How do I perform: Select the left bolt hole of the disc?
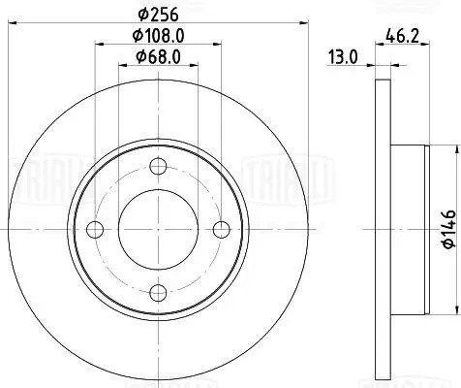(95, 229)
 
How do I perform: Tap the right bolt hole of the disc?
(221, 229)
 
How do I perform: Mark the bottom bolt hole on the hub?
(158, 292)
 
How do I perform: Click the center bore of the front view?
(158, 229)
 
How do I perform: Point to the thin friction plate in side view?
(379, 229)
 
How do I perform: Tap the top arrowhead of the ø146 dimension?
(453, 148)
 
